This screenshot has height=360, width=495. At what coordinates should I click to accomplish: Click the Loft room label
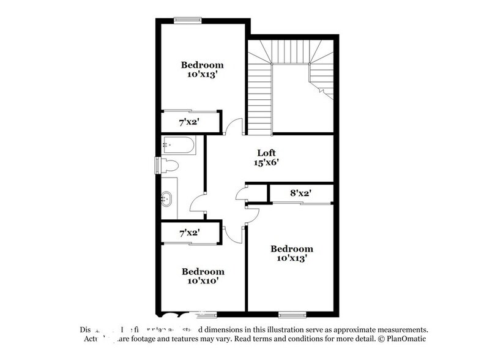pyautogui.click(x=266, y=153)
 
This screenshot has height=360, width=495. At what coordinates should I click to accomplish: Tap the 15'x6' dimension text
pyautogui.click(x=266, y=163)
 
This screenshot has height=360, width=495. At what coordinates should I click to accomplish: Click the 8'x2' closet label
pyautogui.click(x=301, y=193)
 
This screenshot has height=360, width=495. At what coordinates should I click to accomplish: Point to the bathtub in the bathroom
pyautogui.click(x=179, y=145)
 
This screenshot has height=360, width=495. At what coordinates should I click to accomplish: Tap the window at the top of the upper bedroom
pyautogui.click(x=188, y=20)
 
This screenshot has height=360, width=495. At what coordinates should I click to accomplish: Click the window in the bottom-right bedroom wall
pyautogui.click(x=292, y=315)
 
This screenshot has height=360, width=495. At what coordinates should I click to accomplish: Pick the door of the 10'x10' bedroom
pyautogui.click(x=231, y=231)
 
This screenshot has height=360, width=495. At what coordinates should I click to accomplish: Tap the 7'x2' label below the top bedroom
pyautogui.click(x=188, y=122)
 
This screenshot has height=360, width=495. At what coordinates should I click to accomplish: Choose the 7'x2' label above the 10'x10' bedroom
pyautogui.click(x=188, y=233)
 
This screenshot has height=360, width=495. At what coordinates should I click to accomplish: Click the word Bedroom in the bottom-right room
pyautogui.click(x=292, y=249)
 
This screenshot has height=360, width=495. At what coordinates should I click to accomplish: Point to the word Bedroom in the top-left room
pyautogui.click(x=202, y=65)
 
